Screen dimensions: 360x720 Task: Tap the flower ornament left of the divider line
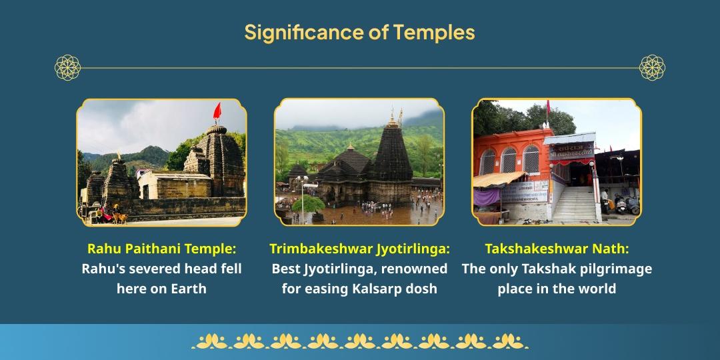point(67,67)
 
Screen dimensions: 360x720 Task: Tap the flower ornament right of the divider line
point(652,67)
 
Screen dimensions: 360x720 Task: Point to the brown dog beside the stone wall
point(119,217)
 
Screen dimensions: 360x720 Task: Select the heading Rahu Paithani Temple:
point(161,249)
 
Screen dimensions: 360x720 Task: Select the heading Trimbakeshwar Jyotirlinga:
point(359,249)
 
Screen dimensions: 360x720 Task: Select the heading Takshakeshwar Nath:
point(557,249)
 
